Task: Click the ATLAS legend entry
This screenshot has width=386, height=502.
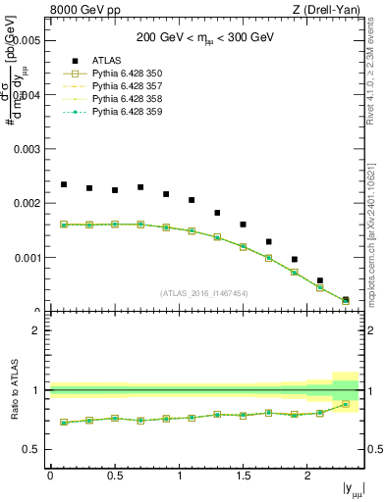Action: click(x=110, y=60)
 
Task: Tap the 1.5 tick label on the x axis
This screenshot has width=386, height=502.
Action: click(x=243, y=475)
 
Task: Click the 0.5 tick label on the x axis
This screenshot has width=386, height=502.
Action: click(x=114, y=475)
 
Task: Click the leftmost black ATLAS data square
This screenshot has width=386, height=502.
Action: click(x=64, y=184)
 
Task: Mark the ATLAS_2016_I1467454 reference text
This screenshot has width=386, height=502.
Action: click(x=204, y=293)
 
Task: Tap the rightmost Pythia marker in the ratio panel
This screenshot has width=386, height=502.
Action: click(x=345, y=404)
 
